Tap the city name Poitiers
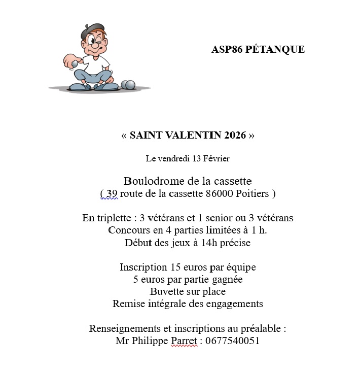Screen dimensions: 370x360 pyautogui.click(x=255, y=193)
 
